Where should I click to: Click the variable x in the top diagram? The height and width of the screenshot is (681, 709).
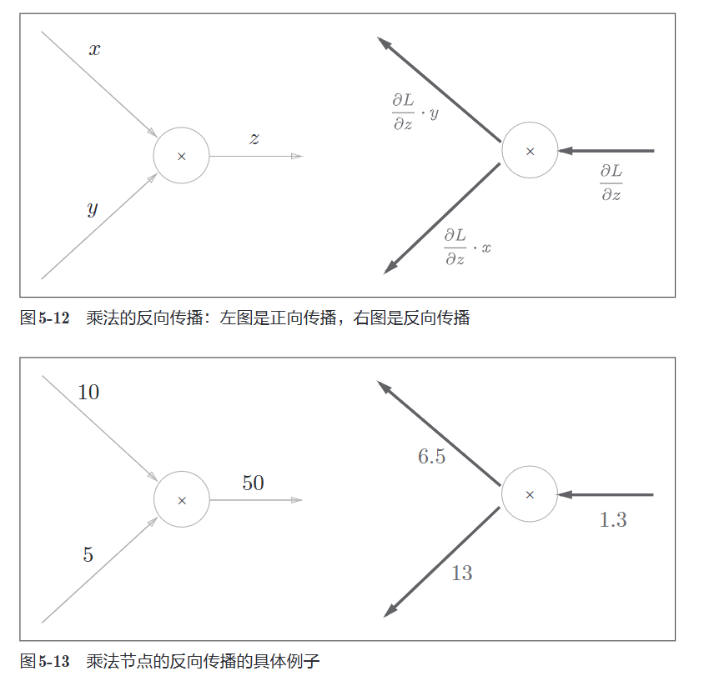pyautogui.click(x=94, y=49)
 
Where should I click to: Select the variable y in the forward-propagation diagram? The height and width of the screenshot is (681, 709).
pyautogui.click(x=93, y=208)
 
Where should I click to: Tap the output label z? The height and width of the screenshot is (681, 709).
pyautogui.click(x=254, y=138)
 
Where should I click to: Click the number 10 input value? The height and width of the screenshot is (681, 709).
pyautogui.click(x=88, y=393)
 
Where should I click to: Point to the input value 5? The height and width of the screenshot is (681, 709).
pyautogui.click(x=88, y=554)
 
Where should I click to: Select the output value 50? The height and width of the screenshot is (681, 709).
pyautogui.click(x=254, y=483)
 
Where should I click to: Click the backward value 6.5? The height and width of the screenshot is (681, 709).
pyautogui.click(x=432, y=456)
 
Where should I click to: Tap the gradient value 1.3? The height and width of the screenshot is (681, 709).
pyautogui.click(x=613, y=519)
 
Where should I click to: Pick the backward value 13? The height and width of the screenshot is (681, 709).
pyautogui.click(x=462, y=573)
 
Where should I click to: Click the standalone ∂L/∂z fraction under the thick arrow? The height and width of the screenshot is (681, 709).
pyautogui.click(x=611, y=183)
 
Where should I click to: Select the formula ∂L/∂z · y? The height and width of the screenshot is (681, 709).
pyautogui.click(x=415, y=112)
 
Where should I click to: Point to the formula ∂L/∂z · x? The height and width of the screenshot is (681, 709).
pyautogui.click(x=468, y=247)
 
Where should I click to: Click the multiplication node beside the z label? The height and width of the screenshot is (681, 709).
pyautogui.click(x=181, y=156)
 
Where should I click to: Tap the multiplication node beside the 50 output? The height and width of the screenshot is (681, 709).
pyautogui.click(x=182, y=500)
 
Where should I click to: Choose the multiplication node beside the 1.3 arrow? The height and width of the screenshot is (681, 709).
pyautogui.click(x=530, y=494)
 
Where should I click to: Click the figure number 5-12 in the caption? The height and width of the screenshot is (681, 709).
pyautogui.click(x=54, y=318)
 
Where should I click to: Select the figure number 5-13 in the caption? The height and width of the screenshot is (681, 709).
pyautogui.click(x=54, y=662)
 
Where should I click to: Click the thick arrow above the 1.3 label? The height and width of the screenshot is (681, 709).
pyautogui.click(x=606, y=495)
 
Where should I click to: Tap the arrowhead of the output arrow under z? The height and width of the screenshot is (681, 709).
pyautogui.click(x=297, y=157)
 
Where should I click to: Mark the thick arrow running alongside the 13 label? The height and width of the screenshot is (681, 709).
pyautogui.click(x=441, y=562)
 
